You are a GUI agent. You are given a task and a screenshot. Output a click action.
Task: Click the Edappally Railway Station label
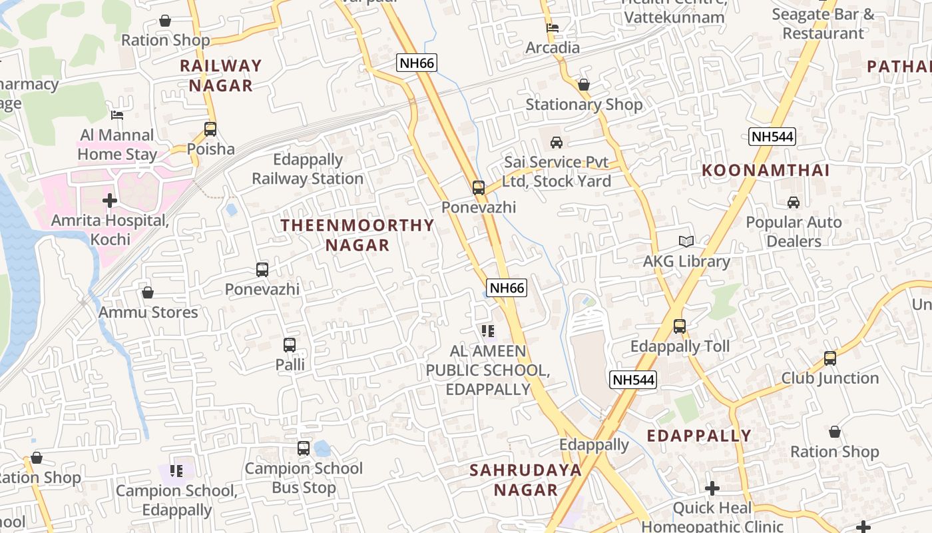tap(308, 169)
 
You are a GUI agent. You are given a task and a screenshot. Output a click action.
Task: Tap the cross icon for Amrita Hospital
tap(110, 200)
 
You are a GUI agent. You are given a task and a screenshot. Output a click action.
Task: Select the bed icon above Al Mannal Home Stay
tap(117, 115)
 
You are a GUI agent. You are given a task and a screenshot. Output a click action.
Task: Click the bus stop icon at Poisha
tap(210, 129)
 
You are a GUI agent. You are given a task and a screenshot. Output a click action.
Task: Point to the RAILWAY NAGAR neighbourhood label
tap(221, 75)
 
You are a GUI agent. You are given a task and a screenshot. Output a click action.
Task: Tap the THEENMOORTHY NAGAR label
tap(357, 235)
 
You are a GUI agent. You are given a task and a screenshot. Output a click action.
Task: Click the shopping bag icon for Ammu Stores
tap(148, 292)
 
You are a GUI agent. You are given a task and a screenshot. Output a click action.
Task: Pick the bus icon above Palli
tap(290, 345)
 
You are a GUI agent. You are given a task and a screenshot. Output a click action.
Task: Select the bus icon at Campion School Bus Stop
tap(304, 448)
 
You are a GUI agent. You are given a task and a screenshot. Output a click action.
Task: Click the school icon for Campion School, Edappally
tap(176, 471)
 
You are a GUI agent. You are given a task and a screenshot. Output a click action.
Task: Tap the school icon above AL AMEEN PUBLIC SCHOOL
tap(488, 330)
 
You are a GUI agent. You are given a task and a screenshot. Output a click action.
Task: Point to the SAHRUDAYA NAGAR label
tap(525, 480)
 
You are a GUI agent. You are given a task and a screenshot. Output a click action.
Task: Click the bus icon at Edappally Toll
tap(680, 326)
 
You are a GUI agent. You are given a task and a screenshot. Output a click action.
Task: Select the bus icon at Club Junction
tap(830, 358)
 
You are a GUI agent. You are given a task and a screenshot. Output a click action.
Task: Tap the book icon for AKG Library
tap(686, 241)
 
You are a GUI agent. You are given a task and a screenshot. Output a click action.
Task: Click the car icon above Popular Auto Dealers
tap(794, 203)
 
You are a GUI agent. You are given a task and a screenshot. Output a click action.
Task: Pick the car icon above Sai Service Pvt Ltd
tap(557, 142)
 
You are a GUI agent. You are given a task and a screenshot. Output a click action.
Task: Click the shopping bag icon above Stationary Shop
tap(584, 85)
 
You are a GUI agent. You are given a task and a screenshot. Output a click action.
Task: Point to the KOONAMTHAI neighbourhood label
tap(766, 171)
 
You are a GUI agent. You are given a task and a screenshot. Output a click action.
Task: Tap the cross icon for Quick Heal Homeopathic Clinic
tap(712, 488)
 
